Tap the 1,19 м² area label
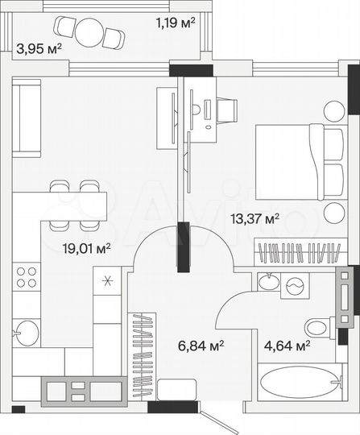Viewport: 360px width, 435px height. [176, 23]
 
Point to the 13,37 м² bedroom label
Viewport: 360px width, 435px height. [254, 217]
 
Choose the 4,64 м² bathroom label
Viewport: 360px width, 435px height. [288, 346]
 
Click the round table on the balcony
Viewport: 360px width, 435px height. [91, 33]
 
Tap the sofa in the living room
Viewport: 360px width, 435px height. [27, 119]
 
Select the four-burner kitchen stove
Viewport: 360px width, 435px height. [27, 276]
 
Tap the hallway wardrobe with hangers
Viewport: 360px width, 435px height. [144, 355]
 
